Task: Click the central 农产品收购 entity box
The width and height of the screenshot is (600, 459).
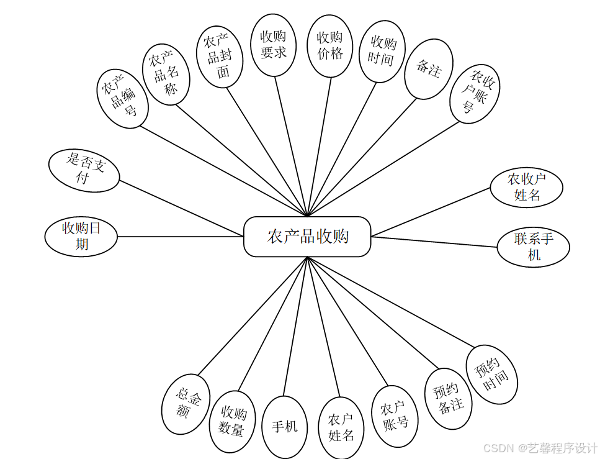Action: (x=307, y=237)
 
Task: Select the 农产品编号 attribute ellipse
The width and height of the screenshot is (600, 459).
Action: (x=122, y=99)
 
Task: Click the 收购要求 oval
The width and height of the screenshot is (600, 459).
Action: (x=273, y=45)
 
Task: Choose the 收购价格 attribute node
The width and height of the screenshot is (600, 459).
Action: (x=330, y=46)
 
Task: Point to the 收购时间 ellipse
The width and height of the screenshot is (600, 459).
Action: (x=382, y=51)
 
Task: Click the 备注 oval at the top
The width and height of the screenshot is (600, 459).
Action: (x=428, y=69)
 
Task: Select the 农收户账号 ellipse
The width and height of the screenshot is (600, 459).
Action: (x=474, y=93)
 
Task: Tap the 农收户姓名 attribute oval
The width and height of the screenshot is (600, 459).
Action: (x=526, y=186)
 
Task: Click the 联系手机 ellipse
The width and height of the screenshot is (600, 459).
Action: (x=533, y=246)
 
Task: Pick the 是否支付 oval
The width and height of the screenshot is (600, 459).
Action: (x=84, y=170)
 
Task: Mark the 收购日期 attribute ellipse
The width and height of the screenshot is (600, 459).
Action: (x=81, y=236)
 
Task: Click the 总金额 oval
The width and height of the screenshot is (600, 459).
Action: (x=186, y=404)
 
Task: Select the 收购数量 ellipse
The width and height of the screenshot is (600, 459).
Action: (x=232, y=421)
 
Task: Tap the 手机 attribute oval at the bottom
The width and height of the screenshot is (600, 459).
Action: (x=285, y=426)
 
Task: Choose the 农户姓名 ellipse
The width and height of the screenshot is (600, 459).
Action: (x=341, y=427)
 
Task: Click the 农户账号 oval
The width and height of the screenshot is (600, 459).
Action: (x=394, y=416)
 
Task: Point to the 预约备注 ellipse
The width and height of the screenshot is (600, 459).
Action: (x=448, y=398)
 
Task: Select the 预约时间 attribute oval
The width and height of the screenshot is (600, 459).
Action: (x=491, y=375)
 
